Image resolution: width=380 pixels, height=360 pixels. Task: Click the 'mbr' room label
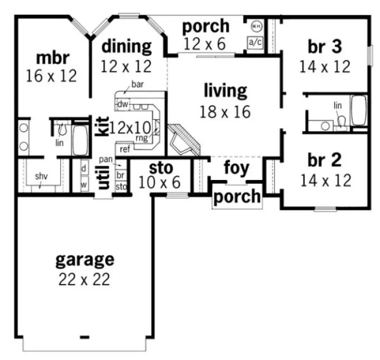[51, 57]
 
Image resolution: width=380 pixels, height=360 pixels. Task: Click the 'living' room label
[226, 90]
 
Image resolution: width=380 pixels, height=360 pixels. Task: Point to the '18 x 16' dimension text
[226, 111]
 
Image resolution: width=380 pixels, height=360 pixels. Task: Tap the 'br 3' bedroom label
[324, 47]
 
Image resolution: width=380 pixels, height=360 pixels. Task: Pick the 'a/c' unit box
[255, 42]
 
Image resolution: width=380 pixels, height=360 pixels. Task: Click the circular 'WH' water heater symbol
[255, 25]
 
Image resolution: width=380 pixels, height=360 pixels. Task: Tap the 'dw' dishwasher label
[123, 103]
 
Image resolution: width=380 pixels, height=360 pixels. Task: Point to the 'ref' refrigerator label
[125, 148]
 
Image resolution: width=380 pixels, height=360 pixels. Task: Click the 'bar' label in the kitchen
[137, 85]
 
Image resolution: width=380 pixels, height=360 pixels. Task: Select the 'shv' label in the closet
[41, 176]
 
